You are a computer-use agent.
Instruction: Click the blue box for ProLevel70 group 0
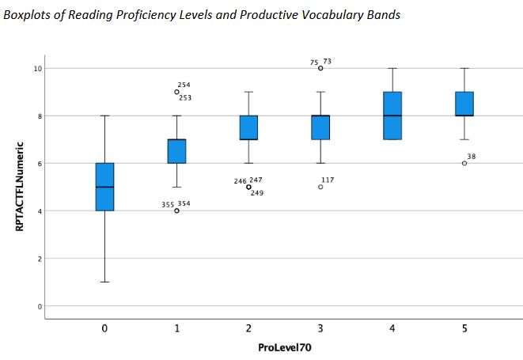coord(104,187)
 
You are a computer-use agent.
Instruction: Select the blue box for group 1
coord(176,151)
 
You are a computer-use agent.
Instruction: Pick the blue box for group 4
coord(392,116)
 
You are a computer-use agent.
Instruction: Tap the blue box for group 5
coord(464,104)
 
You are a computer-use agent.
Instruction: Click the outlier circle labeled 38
coord(464,163)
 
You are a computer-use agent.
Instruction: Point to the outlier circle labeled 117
coord(320,187)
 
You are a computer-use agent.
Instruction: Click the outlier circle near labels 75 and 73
coord(320,68)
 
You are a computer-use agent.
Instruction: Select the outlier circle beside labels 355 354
coord(176,210)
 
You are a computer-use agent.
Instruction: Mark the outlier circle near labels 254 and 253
coord(176,92)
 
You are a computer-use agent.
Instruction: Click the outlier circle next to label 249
coord(248,187)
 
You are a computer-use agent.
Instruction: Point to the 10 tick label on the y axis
coord(36,69)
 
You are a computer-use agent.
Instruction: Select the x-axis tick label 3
coord(320,329)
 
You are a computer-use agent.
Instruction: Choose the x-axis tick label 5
coord(464,329)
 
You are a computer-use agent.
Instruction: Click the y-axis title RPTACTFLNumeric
coord(21,187)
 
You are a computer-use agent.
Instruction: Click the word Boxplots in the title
coord(27,17)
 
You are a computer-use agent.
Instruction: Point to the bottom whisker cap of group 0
coord(104,282)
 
